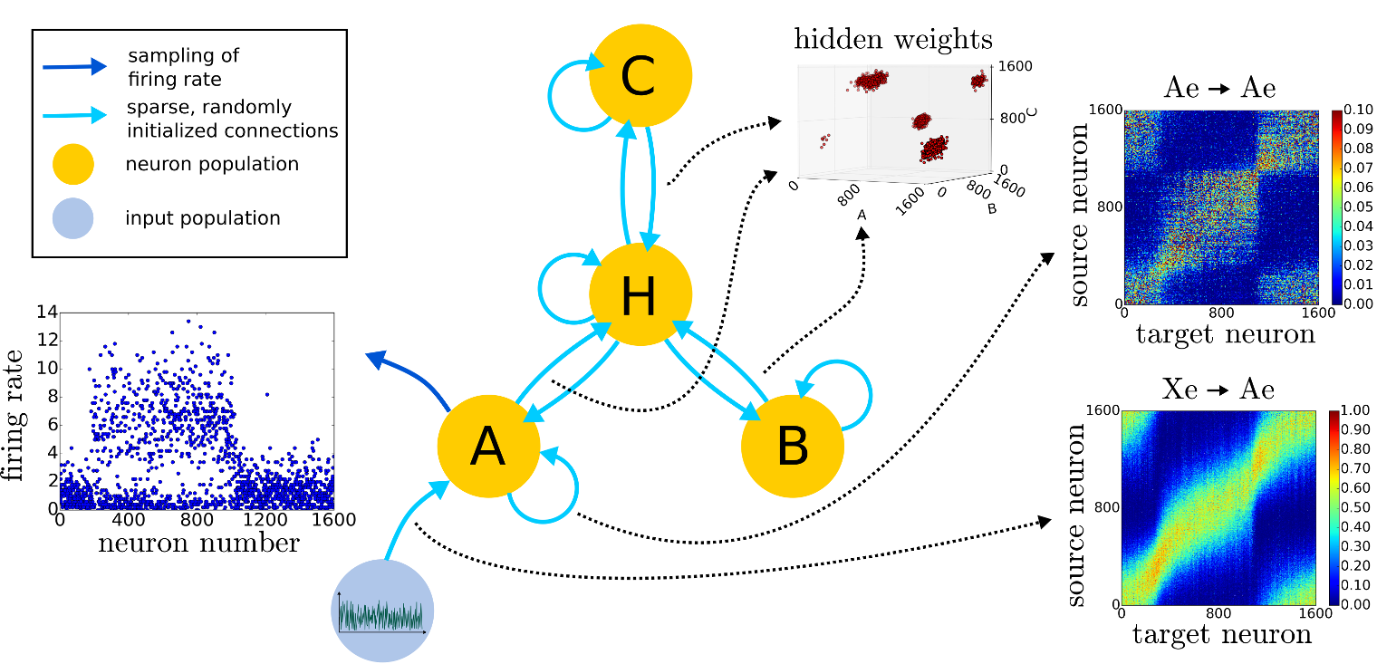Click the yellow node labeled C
point(640,75)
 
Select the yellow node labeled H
point(640,294)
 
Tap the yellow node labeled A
point(488,445)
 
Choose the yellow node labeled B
point(793,445)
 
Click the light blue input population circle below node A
point(382,611)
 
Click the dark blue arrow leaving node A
point(408,376)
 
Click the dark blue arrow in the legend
point(74,66)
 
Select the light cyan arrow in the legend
point(74,115)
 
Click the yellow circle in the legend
point(73,164)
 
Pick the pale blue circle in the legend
point(73,218)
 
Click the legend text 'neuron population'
point(212,164)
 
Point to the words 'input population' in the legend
point(203,218)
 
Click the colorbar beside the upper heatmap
point(1337,207)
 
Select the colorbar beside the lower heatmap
point(1334,507)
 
